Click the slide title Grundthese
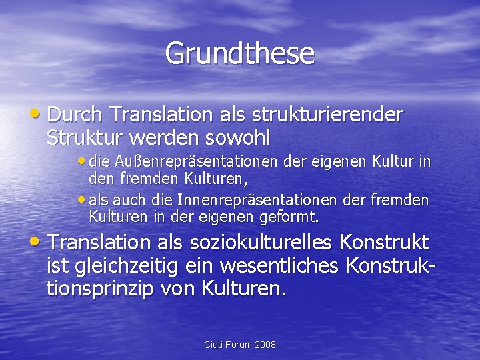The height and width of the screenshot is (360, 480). click(x=239, y=53)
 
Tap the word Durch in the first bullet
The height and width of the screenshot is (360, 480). click(x=75, y=115)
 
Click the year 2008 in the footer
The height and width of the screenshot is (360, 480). click(x=265, y=345)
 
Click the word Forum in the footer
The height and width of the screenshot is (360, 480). click(x=238, y=345)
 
